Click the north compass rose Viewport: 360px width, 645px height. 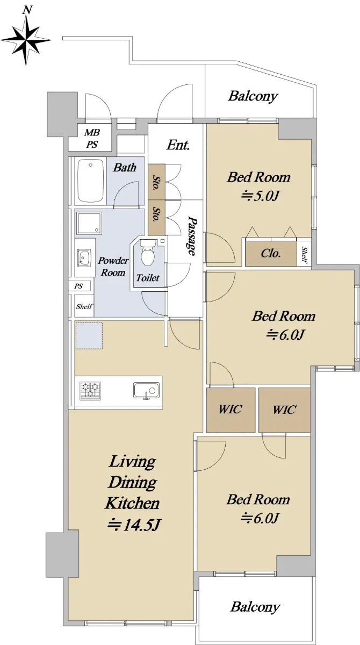(26, 39)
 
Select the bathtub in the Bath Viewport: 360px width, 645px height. (91, 181)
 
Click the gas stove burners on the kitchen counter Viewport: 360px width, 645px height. (90, 390)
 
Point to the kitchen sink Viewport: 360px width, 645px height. (146, 391)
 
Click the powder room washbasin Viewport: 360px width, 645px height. (84, 257)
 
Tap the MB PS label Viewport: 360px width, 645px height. (92, 139)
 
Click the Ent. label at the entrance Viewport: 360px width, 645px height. (178, 145)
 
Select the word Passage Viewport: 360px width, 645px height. (192, 235)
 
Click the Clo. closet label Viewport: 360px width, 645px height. (270, 253)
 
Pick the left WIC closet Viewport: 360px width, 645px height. (231, 410)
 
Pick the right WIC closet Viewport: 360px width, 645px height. (284, 410)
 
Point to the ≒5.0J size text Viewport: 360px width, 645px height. (261, 196)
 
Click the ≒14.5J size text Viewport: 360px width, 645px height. (134, 525)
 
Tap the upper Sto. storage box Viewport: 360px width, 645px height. (156, 182)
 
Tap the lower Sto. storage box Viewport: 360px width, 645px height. (156, 218)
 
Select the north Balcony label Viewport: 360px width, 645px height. (253, 96)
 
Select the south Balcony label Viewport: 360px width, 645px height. (255, 607)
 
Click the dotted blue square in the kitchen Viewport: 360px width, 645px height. (89, 336)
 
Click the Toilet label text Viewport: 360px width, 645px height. (148, 278)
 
